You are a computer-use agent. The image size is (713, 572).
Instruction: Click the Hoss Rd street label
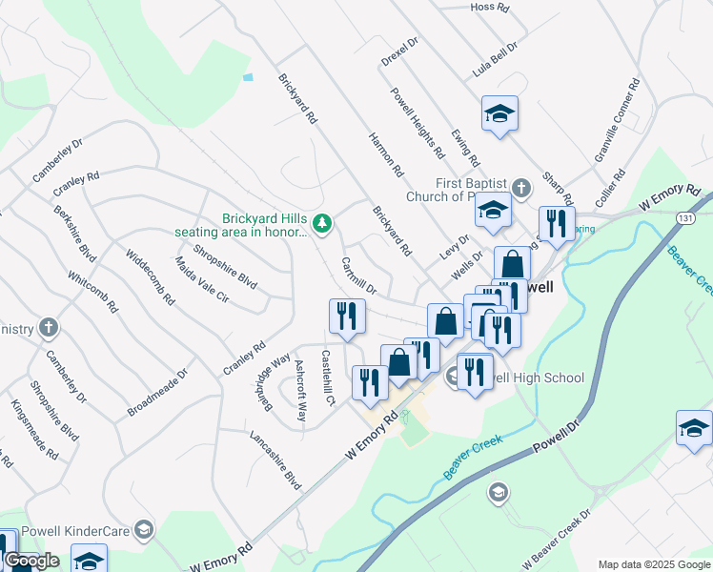(x=491, y=7)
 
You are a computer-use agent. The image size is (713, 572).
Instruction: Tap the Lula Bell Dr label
(x=494, y=59)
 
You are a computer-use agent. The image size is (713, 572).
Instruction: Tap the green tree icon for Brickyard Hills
(x=323, y=223)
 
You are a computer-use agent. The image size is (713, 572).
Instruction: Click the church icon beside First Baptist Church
(x=520, y=187)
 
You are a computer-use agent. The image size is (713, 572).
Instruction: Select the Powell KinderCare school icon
(x=143, y=529)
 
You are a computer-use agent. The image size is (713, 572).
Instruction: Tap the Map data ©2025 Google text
(x=654, y=564)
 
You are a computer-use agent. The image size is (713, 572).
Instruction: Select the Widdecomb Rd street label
(x=151, y=276)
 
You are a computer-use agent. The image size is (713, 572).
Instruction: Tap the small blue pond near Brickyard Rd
(x=248, y=76)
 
